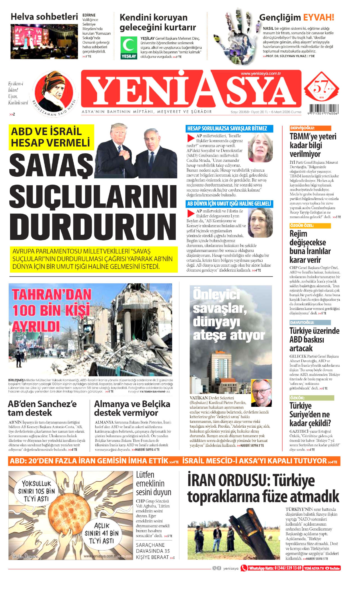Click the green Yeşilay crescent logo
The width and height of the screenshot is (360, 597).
pos(129,45)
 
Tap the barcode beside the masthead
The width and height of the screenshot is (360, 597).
pos(323,109)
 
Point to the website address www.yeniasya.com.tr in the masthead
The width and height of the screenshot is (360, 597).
pos(261,74)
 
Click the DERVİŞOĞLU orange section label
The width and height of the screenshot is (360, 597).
pos(310,128)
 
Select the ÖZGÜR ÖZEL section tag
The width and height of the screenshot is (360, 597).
pos(310,226)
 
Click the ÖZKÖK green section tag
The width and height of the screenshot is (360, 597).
pos(312,398)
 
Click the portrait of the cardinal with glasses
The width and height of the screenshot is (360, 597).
pos(261,393)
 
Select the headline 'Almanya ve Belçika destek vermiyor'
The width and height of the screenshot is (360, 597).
pos(132,408)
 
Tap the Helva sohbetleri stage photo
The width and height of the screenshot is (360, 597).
pos(44,41)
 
